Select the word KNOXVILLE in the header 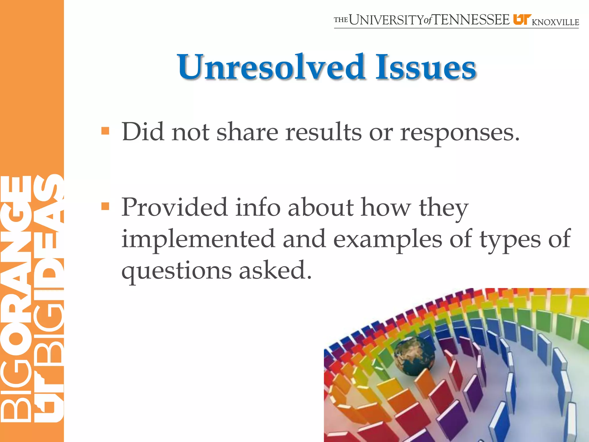[x=555, y=22]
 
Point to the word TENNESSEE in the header [x=471, y=20]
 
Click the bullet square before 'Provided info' [x=105, y=206]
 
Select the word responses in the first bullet [x=460, y=133]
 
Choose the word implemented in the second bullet [x=198, y=239]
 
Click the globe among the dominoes [x=414, y=356]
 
